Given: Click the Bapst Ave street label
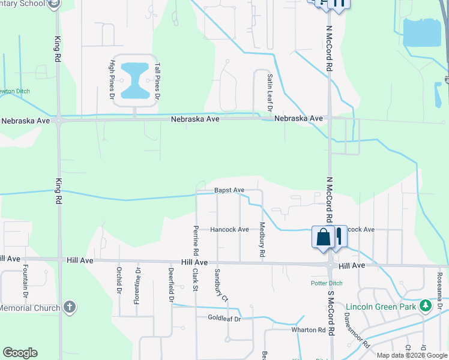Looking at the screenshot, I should coord(229,190).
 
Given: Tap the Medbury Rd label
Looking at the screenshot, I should coord(262,240).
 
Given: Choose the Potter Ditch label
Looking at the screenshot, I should coord(326,283).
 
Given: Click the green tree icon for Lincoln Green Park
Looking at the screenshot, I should coord(426,306).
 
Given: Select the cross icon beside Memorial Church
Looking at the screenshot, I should coord(69,307).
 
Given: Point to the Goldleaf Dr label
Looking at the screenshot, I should coord(224,318).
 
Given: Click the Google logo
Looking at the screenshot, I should coord(20,353).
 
